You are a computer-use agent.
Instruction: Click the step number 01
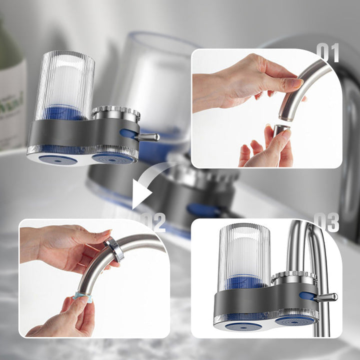click(x=329, y=52)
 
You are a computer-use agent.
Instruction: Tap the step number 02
click(x=153, y=222)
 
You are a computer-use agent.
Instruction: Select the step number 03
click(x=328, y=222)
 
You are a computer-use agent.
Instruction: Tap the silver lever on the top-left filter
click(x=149, y=136)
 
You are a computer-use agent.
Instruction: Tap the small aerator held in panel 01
click(x=281, y=131)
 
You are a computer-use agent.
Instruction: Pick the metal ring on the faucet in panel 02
click(x=114, y=249)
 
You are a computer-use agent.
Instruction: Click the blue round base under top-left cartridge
click(x=58, y=159)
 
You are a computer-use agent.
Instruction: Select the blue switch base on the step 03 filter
click(x=306, y=295)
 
